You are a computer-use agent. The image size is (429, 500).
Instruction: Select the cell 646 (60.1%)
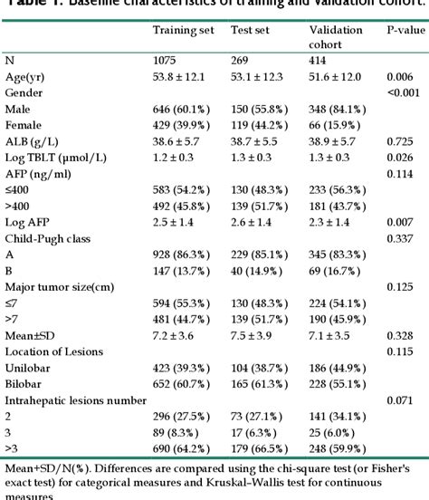click(x=186, y=109)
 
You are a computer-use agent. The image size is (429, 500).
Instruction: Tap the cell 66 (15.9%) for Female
click(x=338, y=125)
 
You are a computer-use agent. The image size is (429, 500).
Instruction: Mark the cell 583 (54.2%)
click(x=186, y=192)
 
